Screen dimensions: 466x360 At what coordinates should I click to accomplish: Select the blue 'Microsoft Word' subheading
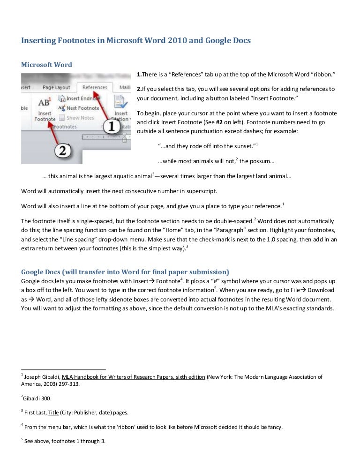click(47, 65)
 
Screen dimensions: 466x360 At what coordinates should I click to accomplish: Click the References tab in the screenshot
click(94, 87)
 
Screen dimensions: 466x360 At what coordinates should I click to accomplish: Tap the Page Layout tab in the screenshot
click(56, 87)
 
